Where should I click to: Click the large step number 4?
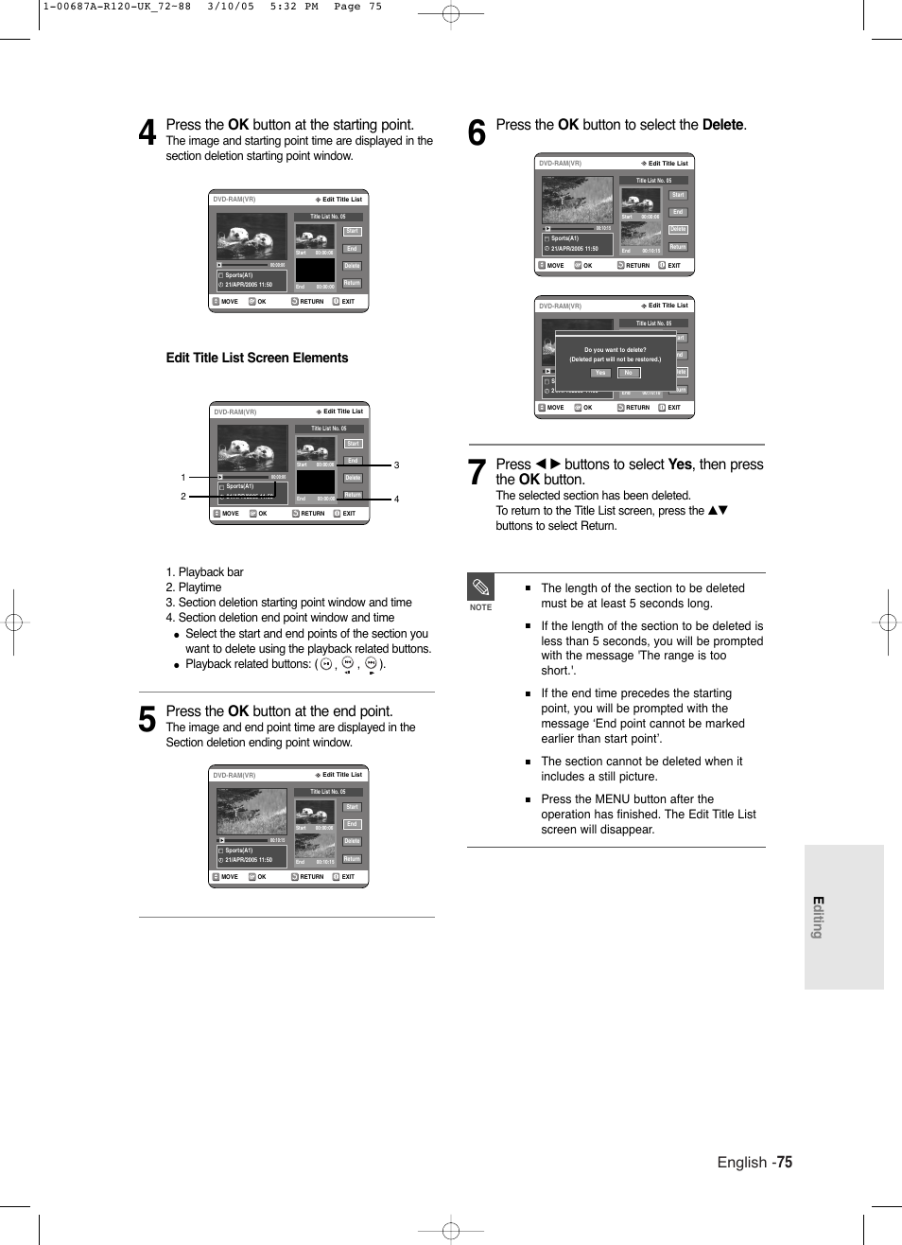coord(147,132)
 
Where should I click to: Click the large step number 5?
coord(147,720)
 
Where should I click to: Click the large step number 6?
coord(477,132)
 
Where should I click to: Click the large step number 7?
coord(477,472)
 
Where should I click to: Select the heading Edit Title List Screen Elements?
coord(256,358)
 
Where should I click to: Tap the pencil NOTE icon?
coord(480,587)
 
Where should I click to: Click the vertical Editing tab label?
coord(818,917)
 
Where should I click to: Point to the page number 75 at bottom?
coord(785,1162)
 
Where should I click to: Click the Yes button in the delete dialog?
coord(600,373)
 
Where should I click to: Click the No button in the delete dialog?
coord(628,373)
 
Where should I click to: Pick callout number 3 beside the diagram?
coord(396,465)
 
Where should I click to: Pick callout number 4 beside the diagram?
coord(396,500)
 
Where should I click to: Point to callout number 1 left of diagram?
coord(183,478)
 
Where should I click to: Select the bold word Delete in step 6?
coord(722,125)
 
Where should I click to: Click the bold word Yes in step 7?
coord(680,465)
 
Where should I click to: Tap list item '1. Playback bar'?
coord(204,572)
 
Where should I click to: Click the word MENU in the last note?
coord(612,799)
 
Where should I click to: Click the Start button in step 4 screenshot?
coord(352,231)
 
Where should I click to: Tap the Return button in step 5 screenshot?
coord(352,859)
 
